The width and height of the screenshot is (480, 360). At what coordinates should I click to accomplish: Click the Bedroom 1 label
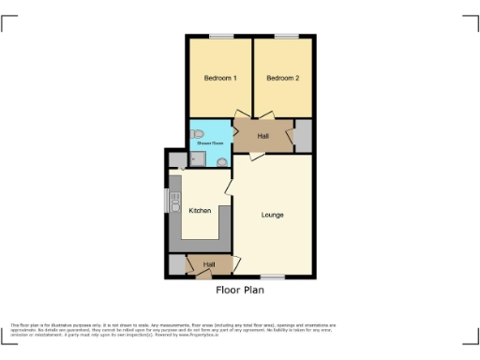(x=221, y=78)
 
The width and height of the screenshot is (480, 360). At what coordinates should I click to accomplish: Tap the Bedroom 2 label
(x=282, y=78)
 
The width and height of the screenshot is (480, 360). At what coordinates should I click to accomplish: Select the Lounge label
(x=273, y=215)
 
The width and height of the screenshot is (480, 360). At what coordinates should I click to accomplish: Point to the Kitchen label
(x=201, y=211)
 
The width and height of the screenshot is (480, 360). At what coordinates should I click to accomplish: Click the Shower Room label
(x=209, y=142)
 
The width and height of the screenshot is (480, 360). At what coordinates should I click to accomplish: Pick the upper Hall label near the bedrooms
(x=263, y=137)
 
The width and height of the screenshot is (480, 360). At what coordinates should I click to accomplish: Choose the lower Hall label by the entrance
(x=208, y=265)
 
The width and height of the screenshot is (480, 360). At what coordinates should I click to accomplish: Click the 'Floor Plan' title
(x=240, y=291)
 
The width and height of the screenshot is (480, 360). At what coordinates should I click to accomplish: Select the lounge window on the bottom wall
(x=273, y=277)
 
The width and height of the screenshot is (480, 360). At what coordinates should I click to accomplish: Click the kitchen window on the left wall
(x=167, y=201)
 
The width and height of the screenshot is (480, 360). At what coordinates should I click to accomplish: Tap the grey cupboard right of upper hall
(x=303, y=137)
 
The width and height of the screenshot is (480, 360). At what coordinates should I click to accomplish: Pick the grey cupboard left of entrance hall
(x=177, y=265)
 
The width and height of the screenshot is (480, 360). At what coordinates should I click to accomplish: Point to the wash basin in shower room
(x=221, y=161)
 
